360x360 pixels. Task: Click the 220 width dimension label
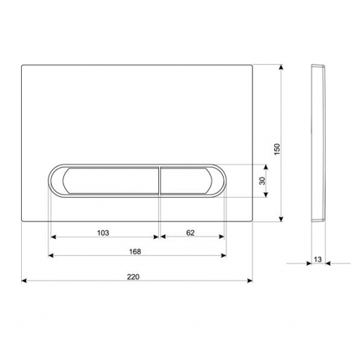click(x=133, y=277)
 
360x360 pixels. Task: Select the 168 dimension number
click(x=135, y=252)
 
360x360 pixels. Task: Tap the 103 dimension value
click(x=103, y=233)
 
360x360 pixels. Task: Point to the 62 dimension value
click(x=191, y=233)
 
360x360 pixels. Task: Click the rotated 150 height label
click(x=277, y=149)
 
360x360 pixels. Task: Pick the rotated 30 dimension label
click(x=263, y=181)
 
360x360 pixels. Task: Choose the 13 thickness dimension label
click(x=318, y=259)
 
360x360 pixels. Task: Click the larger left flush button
click(x=110, y=181)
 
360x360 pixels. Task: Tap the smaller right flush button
click(x=186, y=181)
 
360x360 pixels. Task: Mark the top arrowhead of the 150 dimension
click(x=281, y=67)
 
